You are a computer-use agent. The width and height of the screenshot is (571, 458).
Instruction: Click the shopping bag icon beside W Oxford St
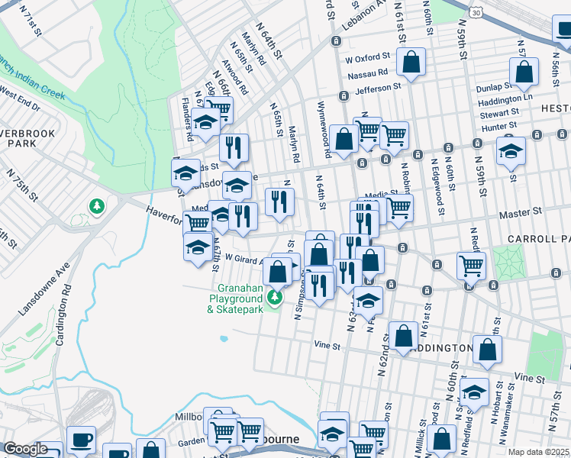[x=411, y=64]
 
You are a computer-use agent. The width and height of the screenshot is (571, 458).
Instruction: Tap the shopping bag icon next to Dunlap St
[x=524, y=73]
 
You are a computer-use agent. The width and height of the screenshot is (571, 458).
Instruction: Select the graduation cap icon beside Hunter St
[x=511, y=151]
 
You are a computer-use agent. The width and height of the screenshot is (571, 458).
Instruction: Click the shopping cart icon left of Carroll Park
[x=471, y=266]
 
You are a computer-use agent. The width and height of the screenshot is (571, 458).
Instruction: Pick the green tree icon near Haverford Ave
[x=97, y=206]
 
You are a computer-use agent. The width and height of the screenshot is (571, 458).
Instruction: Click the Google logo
[x=25, y=449]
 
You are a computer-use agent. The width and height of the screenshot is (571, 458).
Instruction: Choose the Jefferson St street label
[x=378, y=88]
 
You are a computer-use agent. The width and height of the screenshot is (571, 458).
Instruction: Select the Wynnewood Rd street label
[x=324, y=129]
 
